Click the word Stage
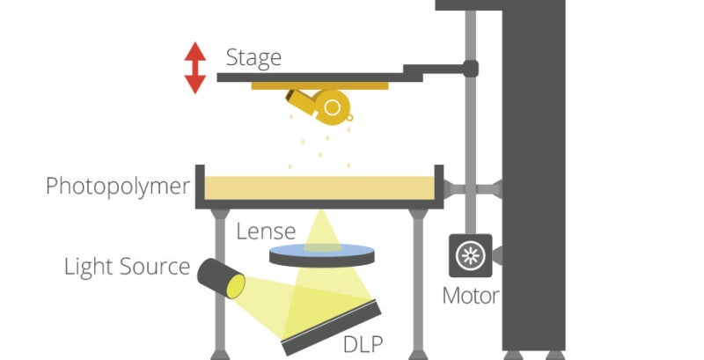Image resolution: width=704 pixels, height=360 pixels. [253, 58]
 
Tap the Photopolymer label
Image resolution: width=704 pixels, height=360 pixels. [117, 187]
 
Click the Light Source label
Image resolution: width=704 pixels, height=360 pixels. [127, 266]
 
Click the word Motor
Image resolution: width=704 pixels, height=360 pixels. [471, 295]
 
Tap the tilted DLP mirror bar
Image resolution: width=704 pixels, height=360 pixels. [334, 325]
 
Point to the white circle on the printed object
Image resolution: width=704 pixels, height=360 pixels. [333, 107]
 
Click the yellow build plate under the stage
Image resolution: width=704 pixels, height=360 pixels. [320, 86]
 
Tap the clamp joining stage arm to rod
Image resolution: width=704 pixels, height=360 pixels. [471, 67]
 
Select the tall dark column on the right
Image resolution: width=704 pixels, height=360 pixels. [532, 194]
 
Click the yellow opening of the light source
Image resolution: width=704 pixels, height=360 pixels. [235, 284]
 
